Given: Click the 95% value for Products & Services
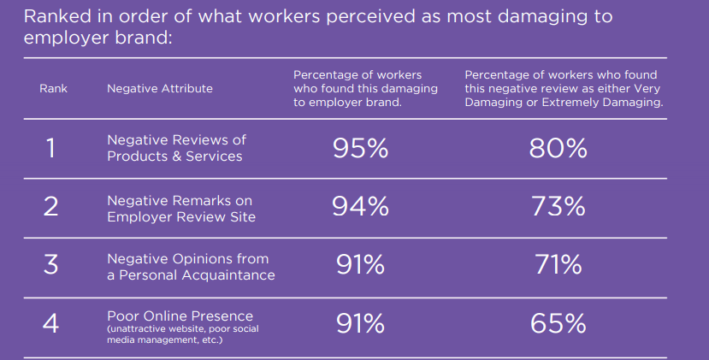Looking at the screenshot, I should tap(360, 149).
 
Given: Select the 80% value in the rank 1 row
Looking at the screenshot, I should tap(558, 149).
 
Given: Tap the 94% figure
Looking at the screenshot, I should tap(360, 207).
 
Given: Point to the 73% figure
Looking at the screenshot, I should tap(558, 207).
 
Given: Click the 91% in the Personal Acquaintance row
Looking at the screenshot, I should tap(360, 265).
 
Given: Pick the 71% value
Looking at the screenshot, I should tap(558, 265).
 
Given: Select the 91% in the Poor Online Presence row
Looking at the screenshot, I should tap(360, 323).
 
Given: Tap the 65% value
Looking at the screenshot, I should tap(558, 323).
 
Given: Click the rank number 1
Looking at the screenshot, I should tap(51, 149).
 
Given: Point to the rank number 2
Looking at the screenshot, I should tap(51, 207).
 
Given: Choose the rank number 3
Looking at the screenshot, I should tap(51, 265).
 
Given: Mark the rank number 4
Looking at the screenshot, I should tap(51, 323).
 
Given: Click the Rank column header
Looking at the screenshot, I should tap(53, 88).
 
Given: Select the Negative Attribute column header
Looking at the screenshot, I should tap(160, 88).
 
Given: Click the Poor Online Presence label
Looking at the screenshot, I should tap(180, 316).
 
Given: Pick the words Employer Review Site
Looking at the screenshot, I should tap(181, 216).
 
